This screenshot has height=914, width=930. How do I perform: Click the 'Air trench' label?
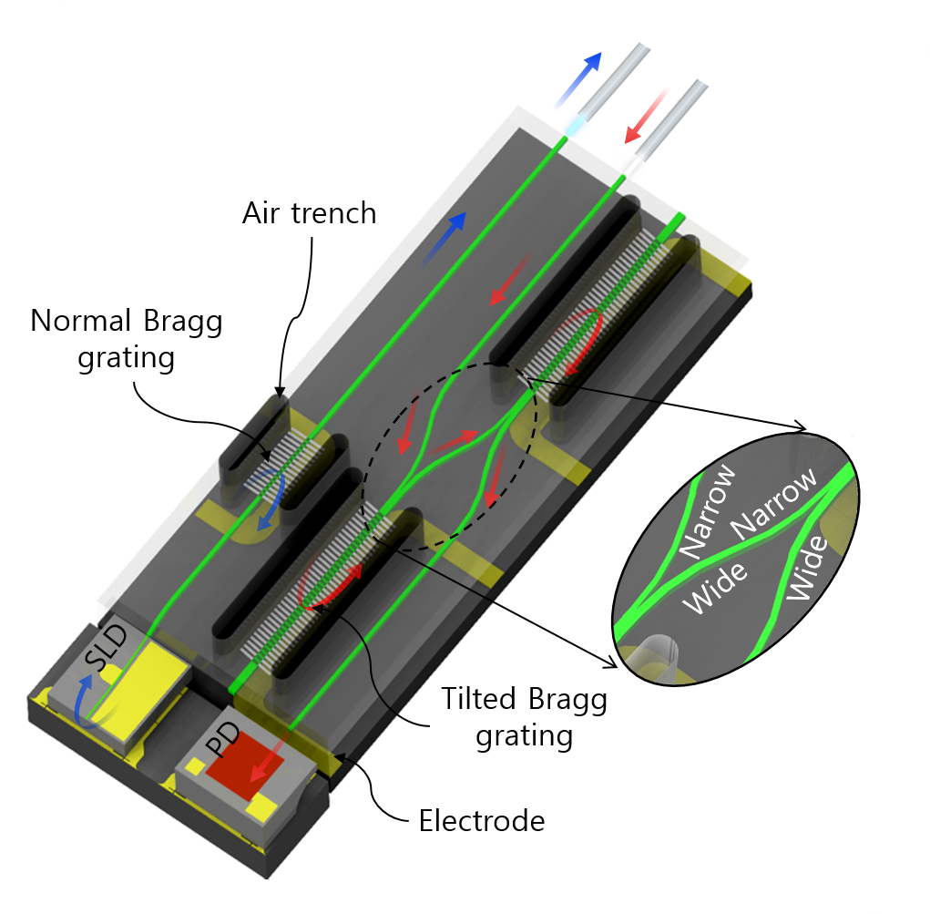coord(309,213)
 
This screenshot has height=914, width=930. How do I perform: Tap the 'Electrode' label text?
coord(481,820)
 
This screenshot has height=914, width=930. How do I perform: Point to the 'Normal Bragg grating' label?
coord(128,339)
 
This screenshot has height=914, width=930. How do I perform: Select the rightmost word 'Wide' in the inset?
coord(809,566)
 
